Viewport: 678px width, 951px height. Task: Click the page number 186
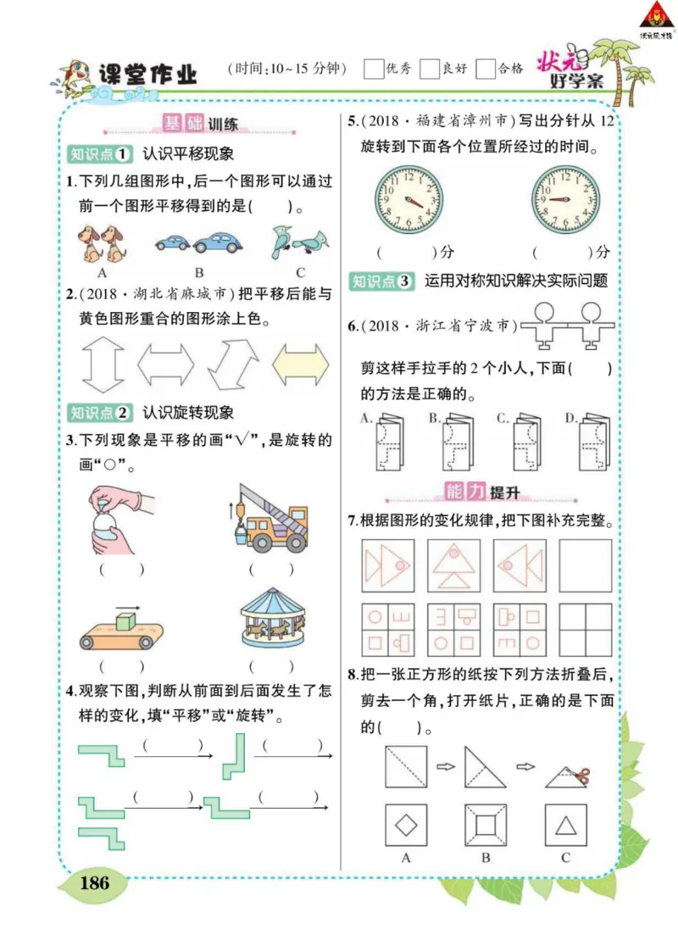point(94,882)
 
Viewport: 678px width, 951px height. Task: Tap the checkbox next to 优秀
point(373,69)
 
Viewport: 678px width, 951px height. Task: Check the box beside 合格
point(486,69)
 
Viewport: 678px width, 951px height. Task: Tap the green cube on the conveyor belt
point(125,621)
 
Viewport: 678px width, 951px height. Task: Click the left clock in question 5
point(409,201)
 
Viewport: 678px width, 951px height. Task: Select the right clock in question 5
point(564,201)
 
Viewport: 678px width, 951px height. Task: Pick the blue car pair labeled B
point(199,244)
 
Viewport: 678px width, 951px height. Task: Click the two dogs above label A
point(101,243)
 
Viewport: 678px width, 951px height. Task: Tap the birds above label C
point(299,243)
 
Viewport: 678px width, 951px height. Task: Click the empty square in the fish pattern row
point(586,565)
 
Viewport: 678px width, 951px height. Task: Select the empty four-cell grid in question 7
point(586,630)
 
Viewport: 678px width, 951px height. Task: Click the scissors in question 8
point(579,776)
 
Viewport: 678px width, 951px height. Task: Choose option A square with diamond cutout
point(406,825)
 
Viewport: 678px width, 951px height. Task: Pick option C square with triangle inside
point(565,825)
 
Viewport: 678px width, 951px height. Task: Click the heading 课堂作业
point(147,75)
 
